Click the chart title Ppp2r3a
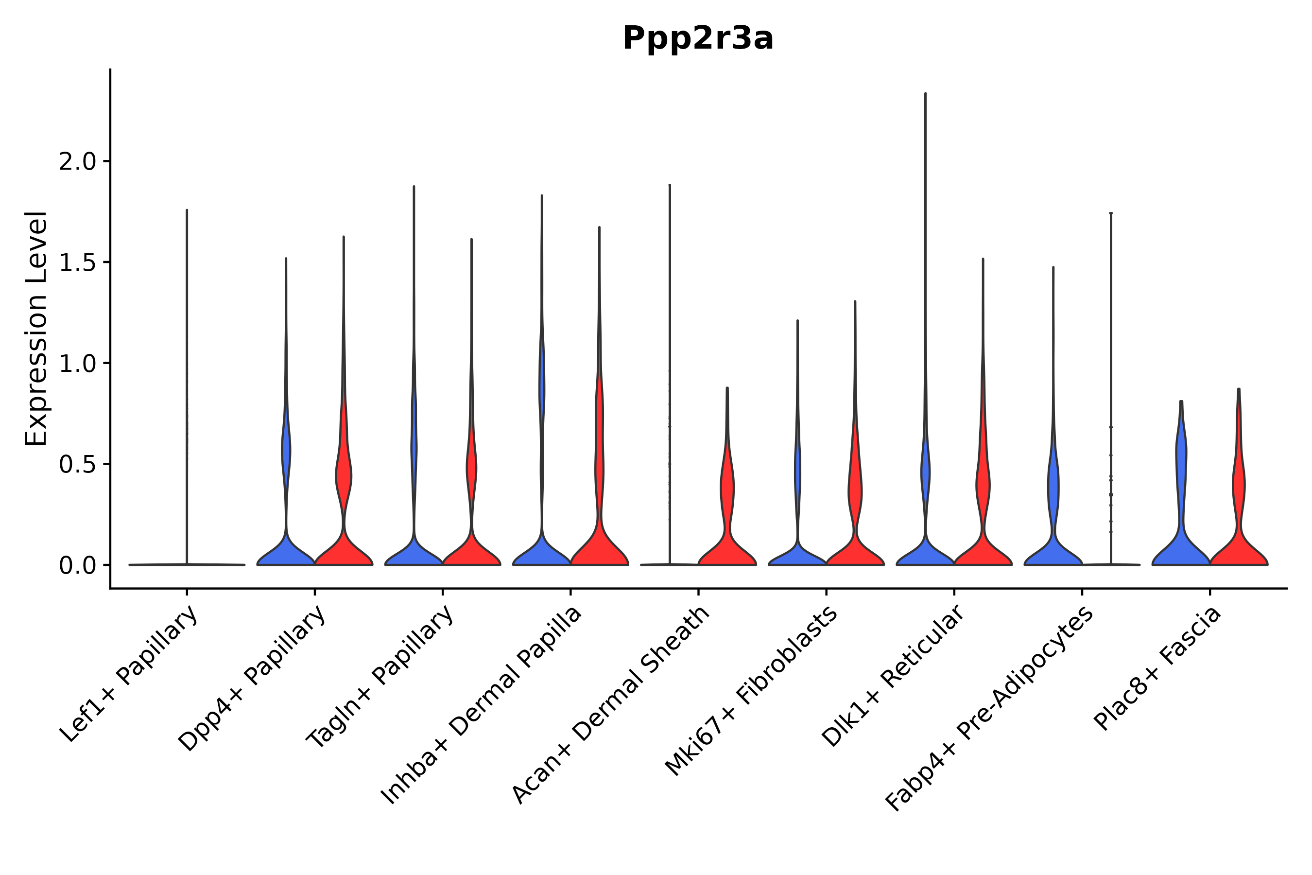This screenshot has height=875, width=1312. point(698,39)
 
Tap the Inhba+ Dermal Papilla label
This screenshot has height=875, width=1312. point(482,705)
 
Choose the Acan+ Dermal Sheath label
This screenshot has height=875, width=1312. point(611,705)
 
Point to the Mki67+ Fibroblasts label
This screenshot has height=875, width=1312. point(751,692)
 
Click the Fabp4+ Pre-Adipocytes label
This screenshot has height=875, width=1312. point(989,709)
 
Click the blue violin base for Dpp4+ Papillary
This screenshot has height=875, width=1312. point(286,556)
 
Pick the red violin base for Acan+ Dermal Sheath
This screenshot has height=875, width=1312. point(727,555)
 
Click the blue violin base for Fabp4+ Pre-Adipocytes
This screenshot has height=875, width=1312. point(1053,555)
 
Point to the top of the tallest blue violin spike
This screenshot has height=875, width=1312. point(925,94)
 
